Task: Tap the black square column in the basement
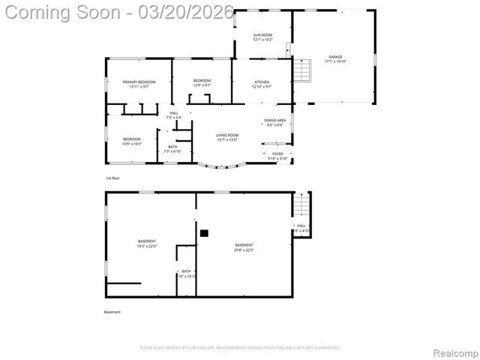pyautogui.click(x=203, y=233)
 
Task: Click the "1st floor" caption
pyautogui.click(x=112, y=178)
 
